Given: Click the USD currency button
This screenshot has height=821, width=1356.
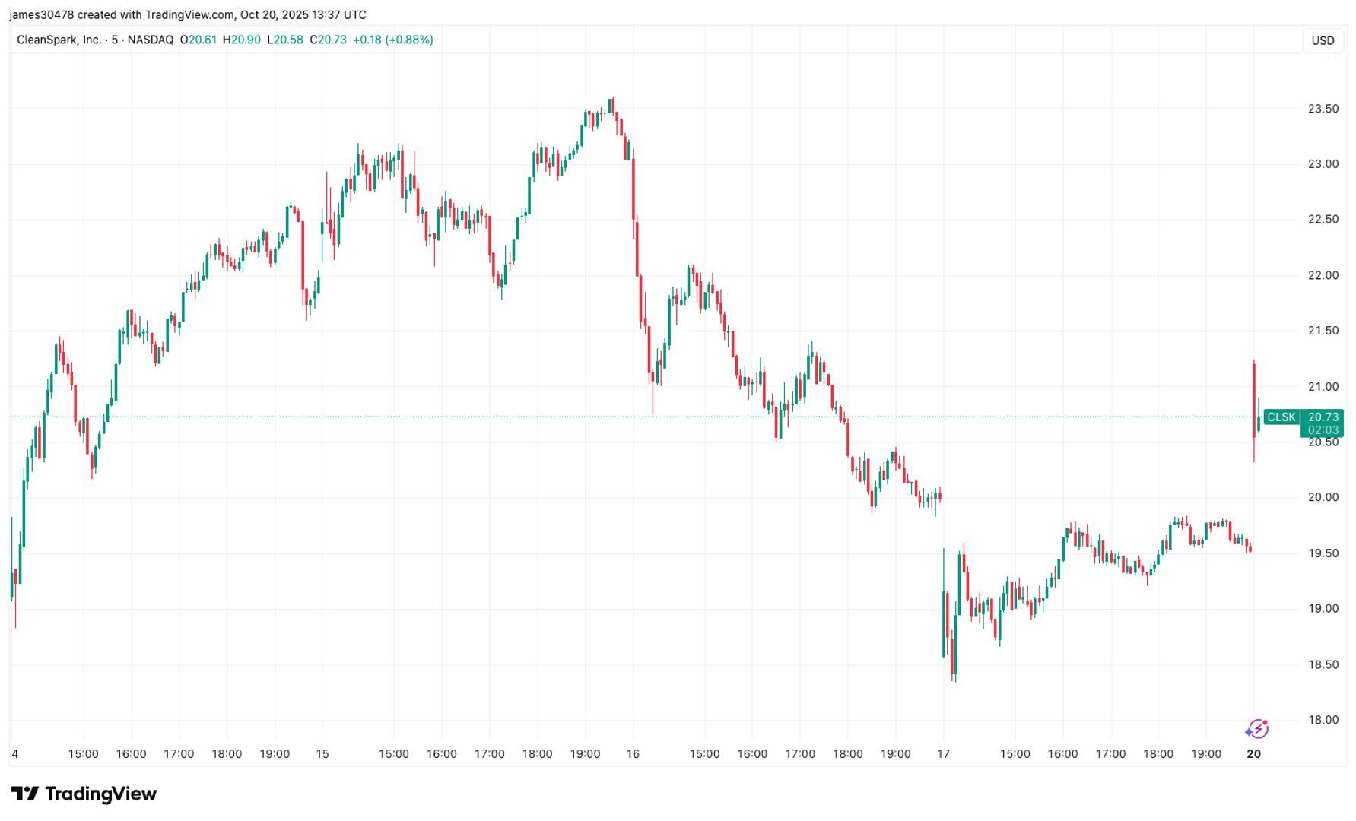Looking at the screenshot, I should coord(1323,40).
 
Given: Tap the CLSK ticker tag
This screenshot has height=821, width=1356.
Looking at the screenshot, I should coord(1281,417).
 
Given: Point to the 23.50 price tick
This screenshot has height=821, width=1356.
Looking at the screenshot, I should coord(1323,109).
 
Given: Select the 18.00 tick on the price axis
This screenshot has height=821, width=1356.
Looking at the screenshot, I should coord(1323,720).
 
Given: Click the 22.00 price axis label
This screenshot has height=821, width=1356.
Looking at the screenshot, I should coord(1323,275).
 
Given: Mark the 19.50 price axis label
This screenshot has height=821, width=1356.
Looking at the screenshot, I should coord(1323,553).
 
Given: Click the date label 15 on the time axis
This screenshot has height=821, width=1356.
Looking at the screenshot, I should coord(322,754).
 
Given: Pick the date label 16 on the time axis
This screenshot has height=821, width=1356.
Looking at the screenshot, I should coord(633,754).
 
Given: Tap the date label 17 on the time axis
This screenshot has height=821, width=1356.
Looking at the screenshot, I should coord(943,754).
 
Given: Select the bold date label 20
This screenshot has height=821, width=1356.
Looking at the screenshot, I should coord(1253,754).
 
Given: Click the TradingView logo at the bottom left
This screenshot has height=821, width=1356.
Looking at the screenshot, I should coord(84,794).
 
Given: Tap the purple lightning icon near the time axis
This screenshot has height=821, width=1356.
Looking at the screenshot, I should coord(1256,730).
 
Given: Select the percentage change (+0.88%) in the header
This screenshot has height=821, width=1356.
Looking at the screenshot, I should coord(409,40).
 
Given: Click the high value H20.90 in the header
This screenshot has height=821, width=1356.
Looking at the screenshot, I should coord(241,40).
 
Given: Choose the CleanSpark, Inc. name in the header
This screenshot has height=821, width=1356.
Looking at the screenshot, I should coord(59,40).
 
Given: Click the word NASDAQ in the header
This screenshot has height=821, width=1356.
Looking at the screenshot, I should coord(151,40).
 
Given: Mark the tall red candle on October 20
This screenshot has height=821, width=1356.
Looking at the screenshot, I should coord(1253,400).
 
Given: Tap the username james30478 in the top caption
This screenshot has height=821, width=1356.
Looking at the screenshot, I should coord(42,14).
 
